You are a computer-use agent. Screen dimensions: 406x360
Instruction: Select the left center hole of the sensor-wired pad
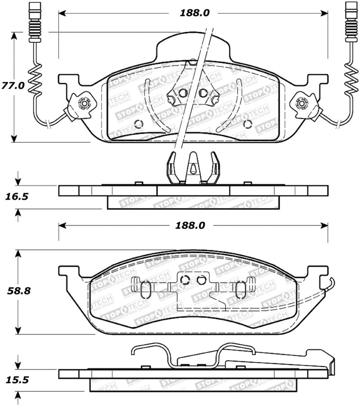click(x=182, y=93)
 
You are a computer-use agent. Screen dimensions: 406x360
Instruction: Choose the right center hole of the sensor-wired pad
click(x=202, y=93)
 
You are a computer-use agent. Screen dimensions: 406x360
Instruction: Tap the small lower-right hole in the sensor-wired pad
click(x=246, y=124)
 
